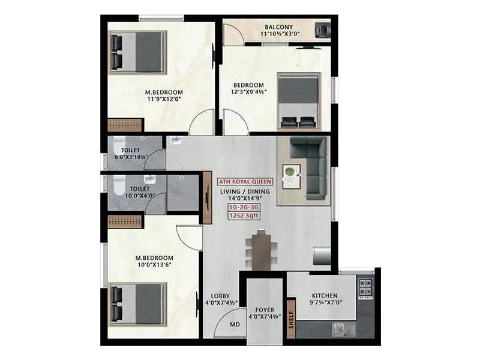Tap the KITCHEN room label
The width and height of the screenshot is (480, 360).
pos(325,296)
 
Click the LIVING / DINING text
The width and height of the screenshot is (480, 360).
pos(245,191)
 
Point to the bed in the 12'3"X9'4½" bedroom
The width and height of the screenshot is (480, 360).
pos(299,100)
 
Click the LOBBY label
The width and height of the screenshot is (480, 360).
pos(220,296)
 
